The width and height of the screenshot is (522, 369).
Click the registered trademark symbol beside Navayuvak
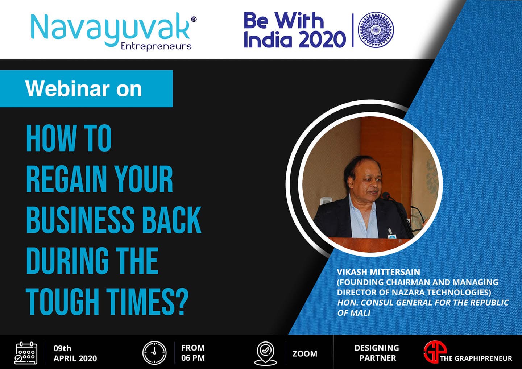point(194,19)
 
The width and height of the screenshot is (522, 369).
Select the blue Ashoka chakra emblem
point(376,30)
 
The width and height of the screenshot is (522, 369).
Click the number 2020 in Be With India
point(323,39)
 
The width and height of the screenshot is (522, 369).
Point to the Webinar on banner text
point(84,89)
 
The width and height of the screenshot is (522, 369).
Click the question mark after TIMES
point(181,302)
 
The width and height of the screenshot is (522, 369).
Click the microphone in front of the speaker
point(387,195)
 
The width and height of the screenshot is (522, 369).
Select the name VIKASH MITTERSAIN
point(378,272)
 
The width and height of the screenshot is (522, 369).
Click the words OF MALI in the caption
point(354,313)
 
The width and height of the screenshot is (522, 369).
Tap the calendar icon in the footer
point(26,353)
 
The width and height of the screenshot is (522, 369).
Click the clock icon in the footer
point(154,353)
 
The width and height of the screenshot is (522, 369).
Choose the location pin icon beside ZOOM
point(265,353)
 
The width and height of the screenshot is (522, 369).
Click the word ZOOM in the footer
point(305,354)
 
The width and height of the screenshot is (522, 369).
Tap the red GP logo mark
point(435,352)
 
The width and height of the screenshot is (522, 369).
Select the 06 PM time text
point(193,358)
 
